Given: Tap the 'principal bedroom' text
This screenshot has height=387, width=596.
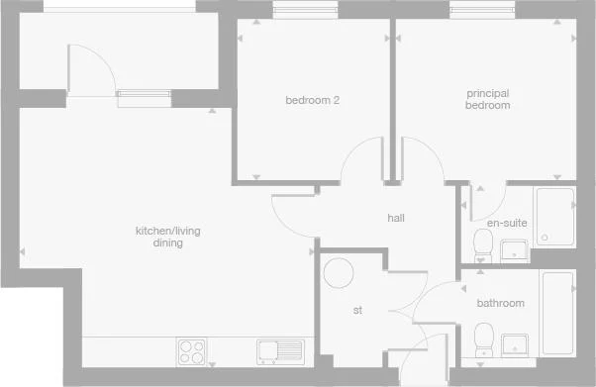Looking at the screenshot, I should pos(488,99).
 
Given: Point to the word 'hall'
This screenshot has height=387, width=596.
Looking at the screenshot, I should pos(396,218).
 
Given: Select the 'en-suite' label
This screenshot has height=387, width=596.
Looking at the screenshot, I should pos(506,223).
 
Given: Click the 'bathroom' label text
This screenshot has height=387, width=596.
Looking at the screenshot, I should pos(500,303).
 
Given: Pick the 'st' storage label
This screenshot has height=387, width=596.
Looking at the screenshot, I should pos(357,310).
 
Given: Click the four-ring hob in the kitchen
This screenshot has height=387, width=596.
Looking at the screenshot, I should pos(191,351).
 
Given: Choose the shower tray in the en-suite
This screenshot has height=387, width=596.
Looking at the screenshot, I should pos(554,217).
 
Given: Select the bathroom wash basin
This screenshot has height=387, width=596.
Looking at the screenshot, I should pos(515,343).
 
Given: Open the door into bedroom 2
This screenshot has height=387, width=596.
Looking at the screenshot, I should pos(361,158).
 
